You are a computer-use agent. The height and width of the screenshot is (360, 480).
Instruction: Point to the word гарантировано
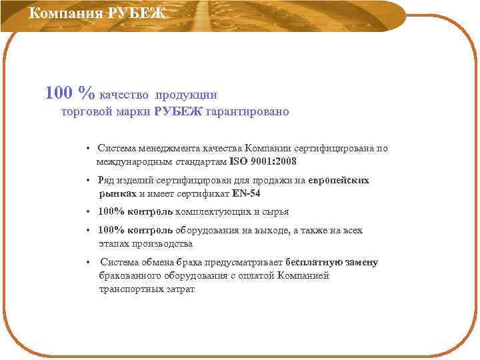tap(247, 112)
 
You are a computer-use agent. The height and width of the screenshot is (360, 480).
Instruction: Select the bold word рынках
tap(117, 193)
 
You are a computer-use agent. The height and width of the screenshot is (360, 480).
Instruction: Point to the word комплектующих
tap(212, 212)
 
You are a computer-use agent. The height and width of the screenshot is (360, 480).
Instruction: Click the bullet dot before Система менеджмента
tap(88, 149)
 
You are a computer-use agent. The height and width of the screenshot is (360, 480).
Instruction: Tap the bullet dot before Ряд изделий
tap(88, 181)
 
